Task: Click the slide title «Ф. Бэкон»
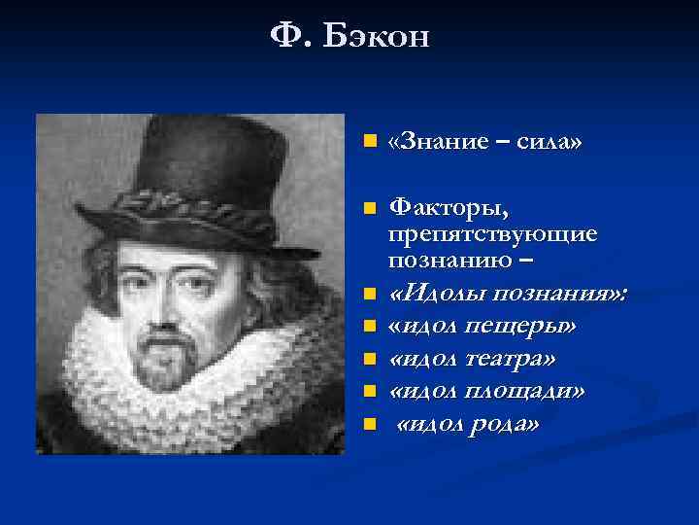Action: (349, 38)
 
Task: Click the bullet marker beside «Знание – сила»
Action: (366, 143)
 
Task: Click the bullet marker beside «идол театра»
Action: (366, 360)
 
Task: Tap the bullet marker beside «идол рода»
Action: (366, 424)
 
